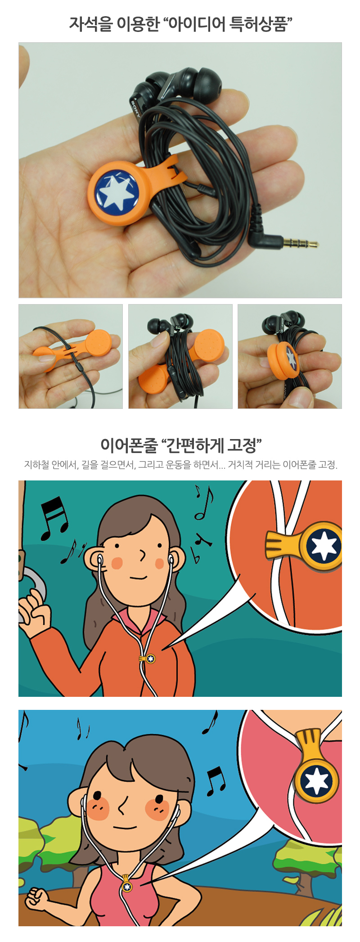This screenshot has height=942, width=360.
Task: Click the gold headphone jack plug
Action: tap(300, 244)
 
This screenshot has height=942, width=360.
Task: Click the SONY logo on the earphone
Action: tap(134, 108)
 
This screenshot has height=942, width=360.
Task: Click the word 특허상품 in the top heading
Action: tap(259, 24)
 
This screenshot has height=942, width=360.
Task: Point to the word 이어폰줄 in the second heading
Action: tap(129, 445)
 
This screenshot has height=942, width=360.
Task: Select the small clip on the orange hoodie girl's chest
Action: tap(148, 659)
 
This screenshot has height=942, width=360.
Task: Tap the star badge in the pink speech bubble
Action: tap(317, 781)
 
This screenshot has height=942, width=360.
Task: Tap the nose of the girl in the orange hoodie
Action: tap(143, 556)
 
